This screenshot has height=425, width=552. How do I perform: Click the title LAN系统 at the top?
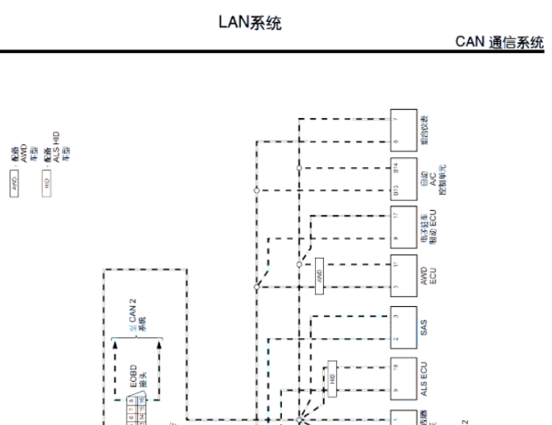click(249, 23)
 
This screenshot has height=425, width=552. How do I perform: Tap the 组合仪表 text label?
click(424, 131)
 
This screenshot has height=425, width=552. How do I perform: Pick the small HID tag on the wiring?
click(332, 377)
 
